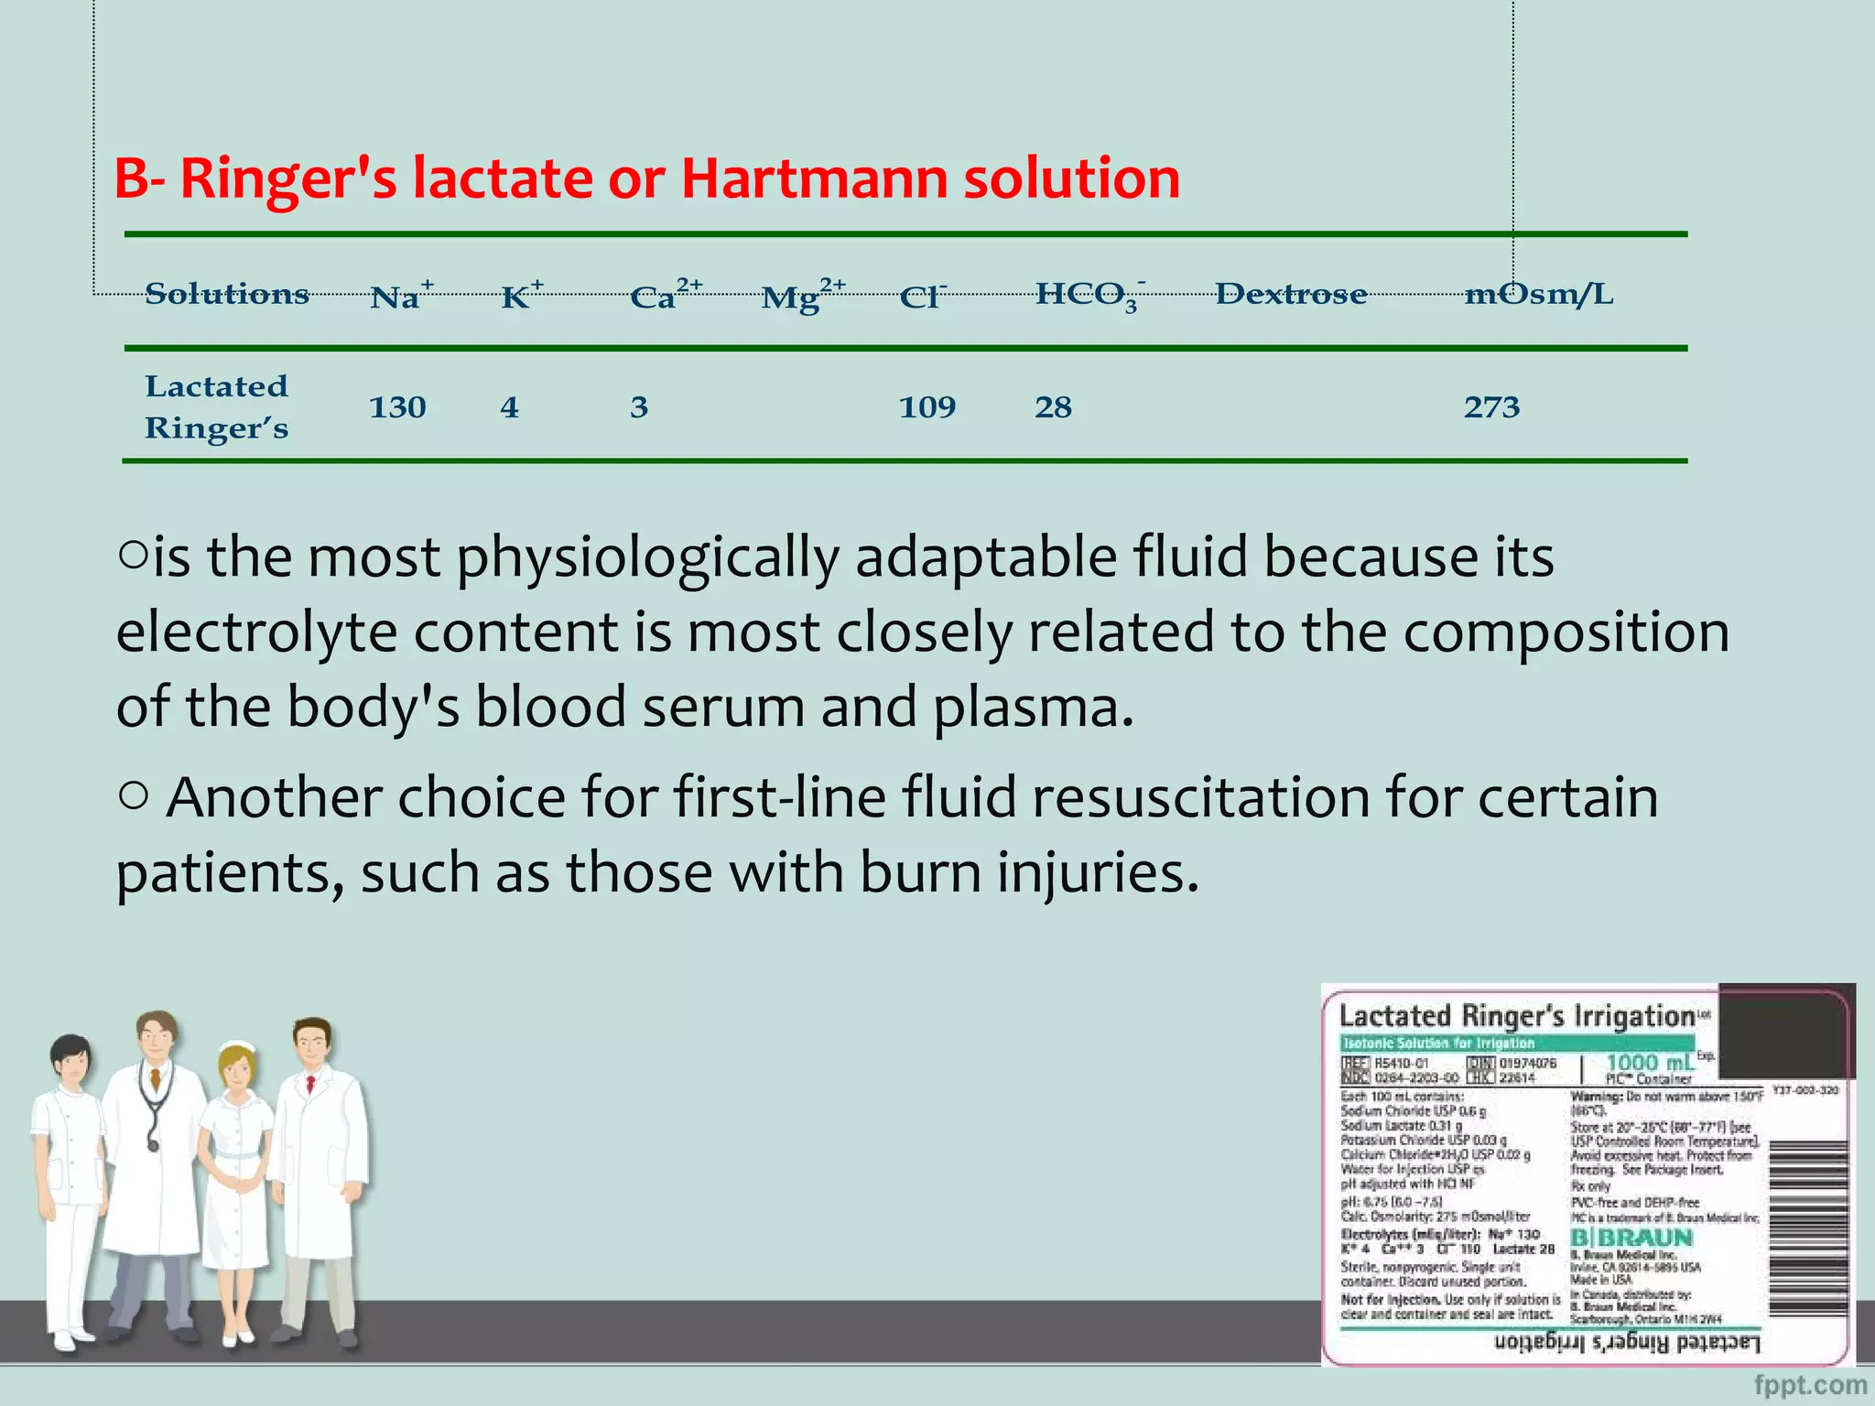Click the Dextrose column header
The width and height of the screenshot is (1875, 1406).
click(x=1291, y=294)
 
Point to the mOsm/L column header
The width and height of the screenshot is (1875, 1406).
click(x=1538, y=294)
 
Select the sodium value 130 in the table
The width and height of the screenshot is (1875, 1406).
click(x=397, y=406)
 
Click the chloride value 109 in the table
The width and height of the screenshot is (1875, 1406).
click(x=927, y=406)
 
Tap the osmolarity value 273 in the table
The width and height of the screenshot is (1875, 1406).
click(x=1491, y=406)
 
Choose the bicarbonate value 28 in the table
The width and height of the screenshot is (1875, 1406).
click(x=1053, y=406)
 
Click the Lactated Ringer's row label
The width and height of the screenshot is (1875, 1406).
click(x=217, y=406)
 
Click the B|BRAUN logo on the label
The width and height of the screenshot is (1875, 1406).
click(x=1632, y=1237)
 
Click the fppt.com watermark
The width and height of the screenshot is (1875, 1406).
click(x=1810, y=1385)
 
